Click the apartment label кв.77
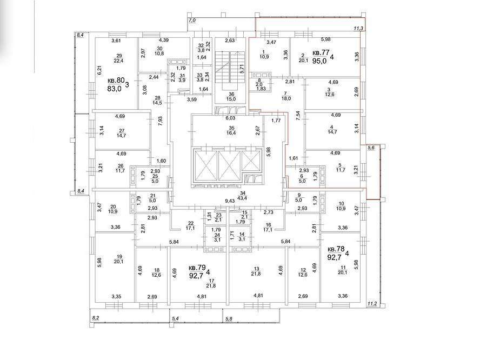[x=321, y=53]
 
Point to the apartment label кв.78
[x=336, y=249]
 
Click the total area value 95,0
[x=319, y=61]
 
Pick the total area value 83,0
[x=115, y=89]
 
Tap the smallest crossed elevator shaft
[x=251, y=160]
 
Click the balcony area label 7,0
[x=192, y=21]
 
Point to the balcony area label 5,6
[x=371, y=148]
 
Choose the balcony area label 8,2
[x=96, y=318]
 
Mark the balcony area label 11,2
[x=372, y=304]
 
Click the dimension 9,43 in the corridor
[x=230, y=201]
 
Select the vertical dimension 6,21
[x=99, y=71]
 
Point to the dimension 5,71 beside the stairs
[x=242, y=68]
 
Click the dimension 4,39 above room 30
[x=164, y=40]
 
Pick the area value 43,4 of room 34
[x=243, y=198]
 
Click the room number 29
[x=119, y=56]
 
